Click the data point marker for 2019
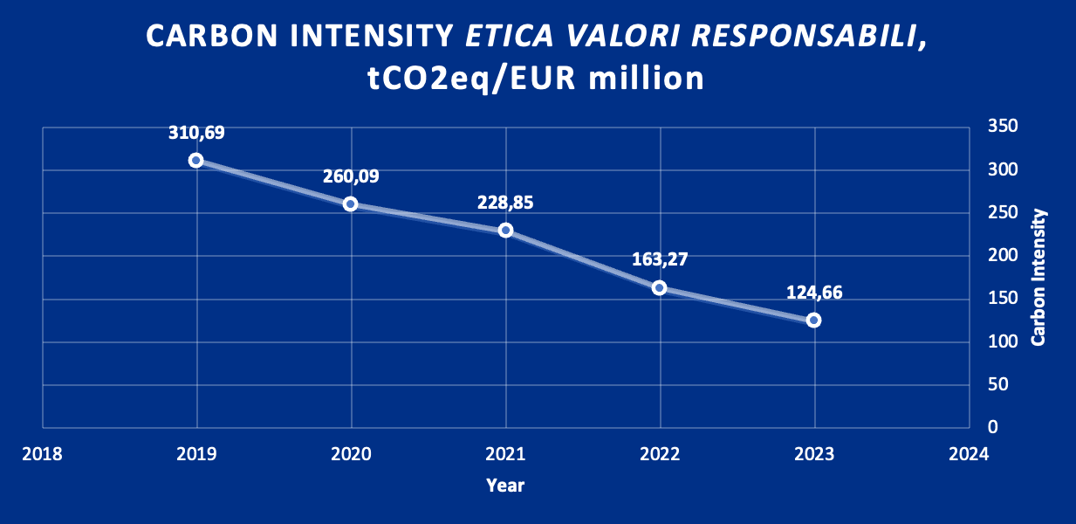coord(196,160)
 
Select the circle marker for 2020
coord(351,203)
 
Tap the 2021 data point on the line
coord(505,231)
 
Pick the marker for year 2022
coord(660,287)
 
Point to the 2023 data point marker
coord(814,321)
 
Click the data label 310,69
coord(196,133)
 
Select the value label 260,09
coord(351,176)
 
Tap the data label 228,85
coord(505,203)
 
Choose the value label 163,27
coord(660,259)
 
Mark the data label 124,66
coord(814,293)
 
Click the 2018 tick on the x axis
coord(42,455)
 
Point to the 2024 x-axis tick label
coord(969,455)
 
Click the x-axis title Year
coord(505,485)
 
